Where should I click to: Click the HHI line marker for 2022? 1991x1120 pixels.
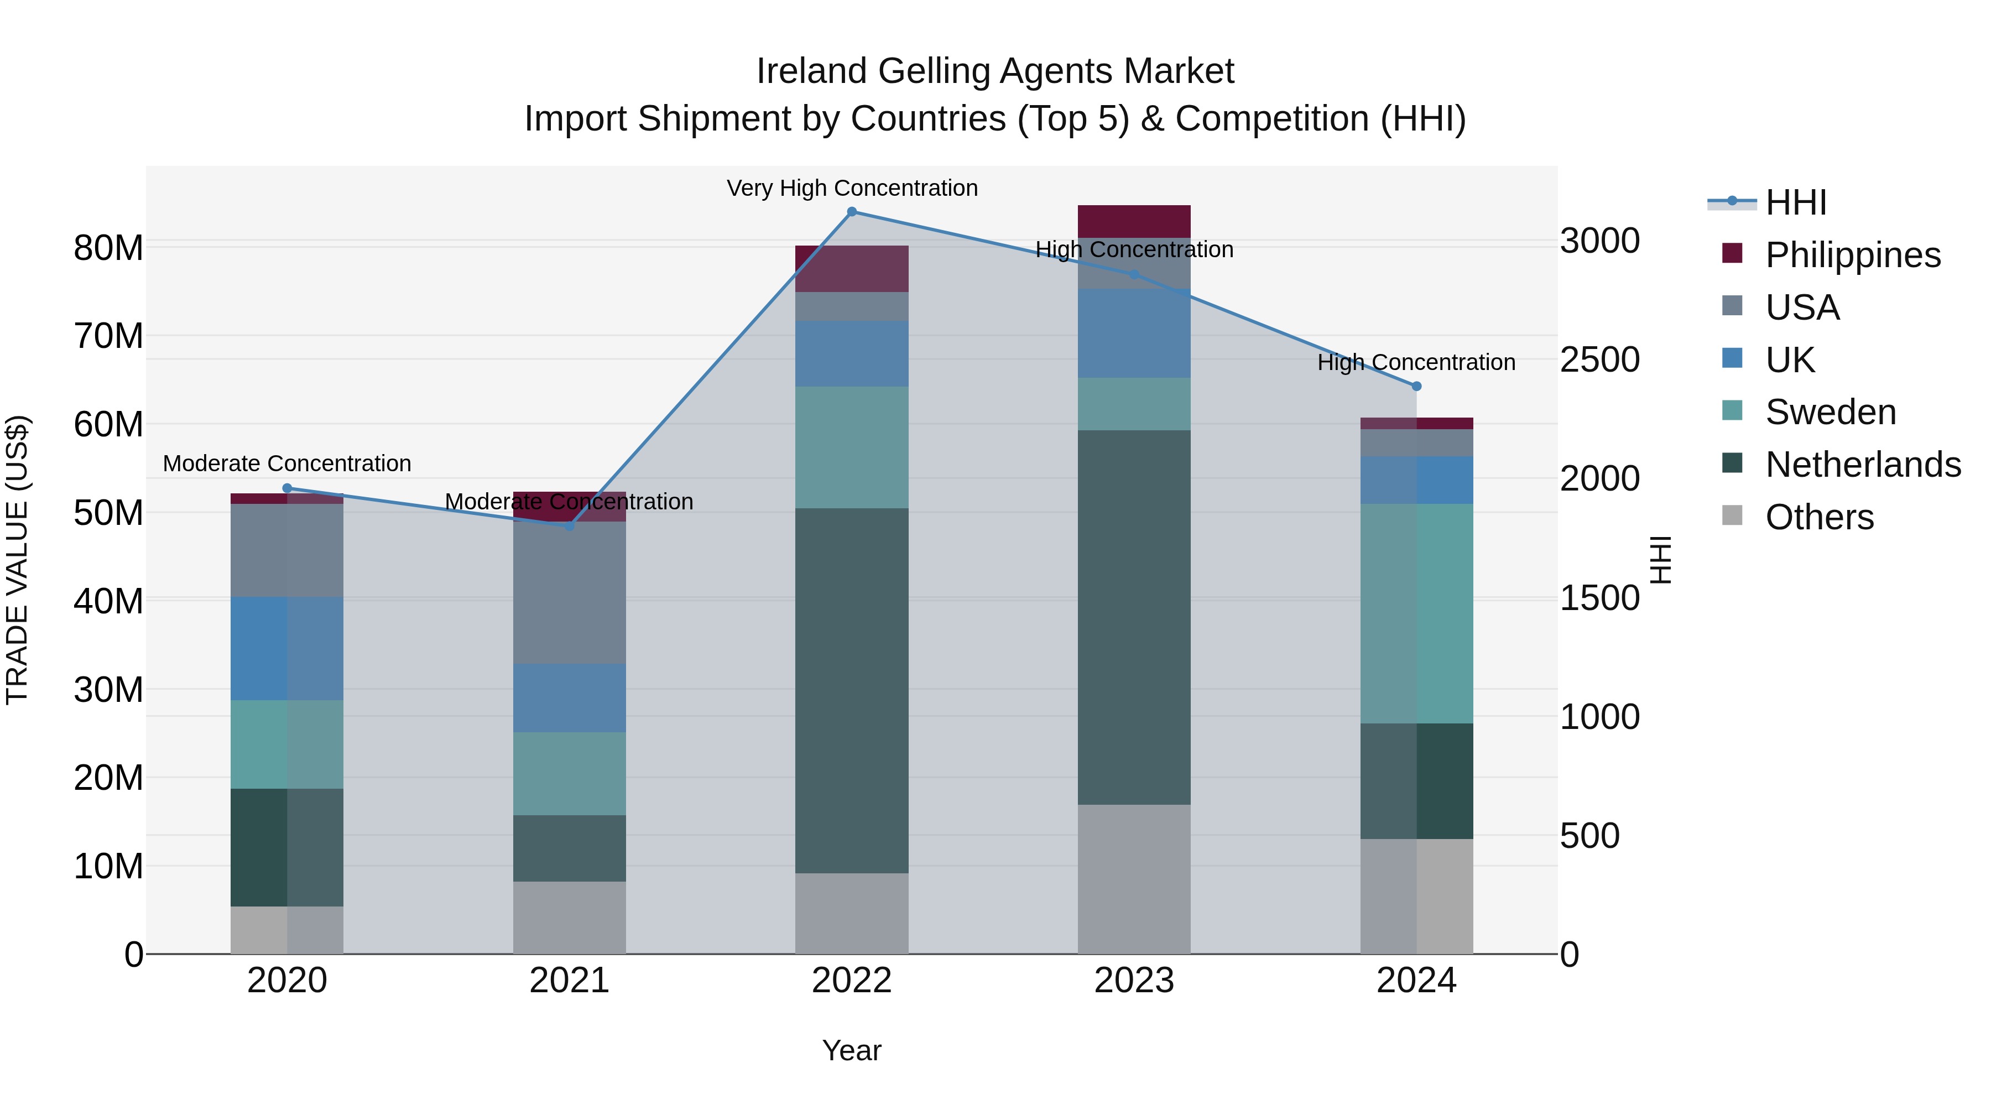tap(852, 212)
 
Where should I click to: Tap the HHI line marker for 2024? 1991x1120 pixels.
tap(1416, 387)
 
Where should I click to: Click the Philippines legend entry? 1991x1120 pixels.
tap(1852, 255)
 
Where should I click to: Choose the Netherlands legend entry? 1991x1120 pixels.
tap(1863, 465)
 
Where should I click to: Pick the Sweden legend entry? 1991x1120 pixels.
tap(1830, 412)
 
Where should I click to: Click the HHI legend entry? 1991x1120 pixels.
tap(1795, 202)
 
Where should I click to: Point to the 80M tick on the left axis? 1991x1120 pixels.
tap(108, 248)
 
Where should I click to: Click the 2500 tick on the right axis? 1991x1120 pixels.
tap(1599, 360)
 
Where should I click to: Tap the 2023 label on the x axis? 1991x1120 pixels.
tap(1134, 981)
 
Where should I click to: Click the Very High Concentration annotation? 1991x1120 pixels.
tap(852, 189)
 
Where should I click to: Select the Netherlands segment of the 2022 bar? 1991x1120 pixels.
tap(852, 690)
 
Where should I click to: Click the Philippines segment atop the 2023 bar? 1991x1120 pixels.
tap(1134, 221)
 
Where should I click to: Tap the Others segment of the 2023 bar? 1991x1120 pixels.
tap(1134, 879)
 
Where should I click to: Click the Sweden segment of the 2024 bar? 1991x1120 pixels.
tap(1416, 614)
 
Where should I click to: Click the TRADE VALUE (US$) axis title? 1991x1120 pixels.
tap(17, 560)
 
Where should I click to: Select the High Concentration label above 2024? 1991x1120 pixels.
tap(1416, 362)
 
